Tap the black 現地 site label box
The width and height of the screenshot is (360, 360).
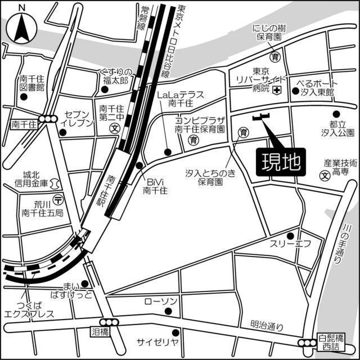click(x=280, y=163)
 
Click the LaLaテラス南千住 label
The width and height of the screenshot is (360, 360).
click(x=180, y=99)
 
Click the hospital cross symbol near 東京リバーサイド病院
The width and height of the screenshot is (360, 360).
click(x=276, y=91)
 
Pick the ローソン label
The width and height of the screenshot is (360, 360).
click(x=161, y=302)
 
